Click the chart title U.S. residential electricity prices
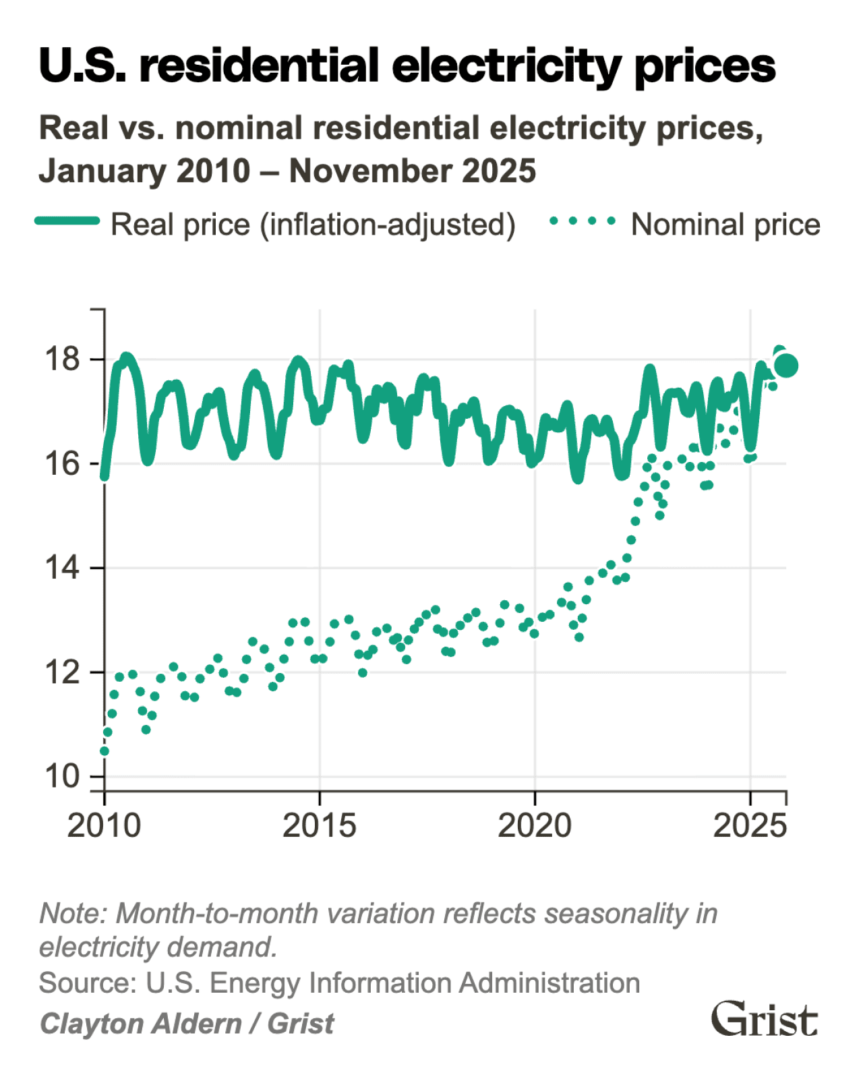(407, 66)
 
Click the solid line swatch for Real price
(67, 221)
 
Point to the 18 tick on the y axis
(62, 359)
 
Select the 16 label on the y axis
(62, 463)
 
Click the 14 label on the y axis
(62, 568)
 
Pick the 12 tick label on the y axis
(62, 672)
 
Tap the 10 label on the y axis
(62, 776)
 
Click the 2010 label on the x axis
(104, 825)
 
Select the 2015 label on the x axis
(319, 825)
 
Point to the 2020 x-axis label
(535, 825)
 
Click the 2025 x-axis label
(750, 825)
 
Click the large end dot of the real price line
(786, 365)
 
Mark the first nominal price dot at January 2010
(104, 751)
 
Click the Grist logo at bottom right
(765, 1019)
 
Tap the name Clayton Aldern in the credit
(140, 1024)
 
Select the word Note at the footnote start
(72, 914)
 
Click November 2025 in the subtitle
(412, 171)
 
